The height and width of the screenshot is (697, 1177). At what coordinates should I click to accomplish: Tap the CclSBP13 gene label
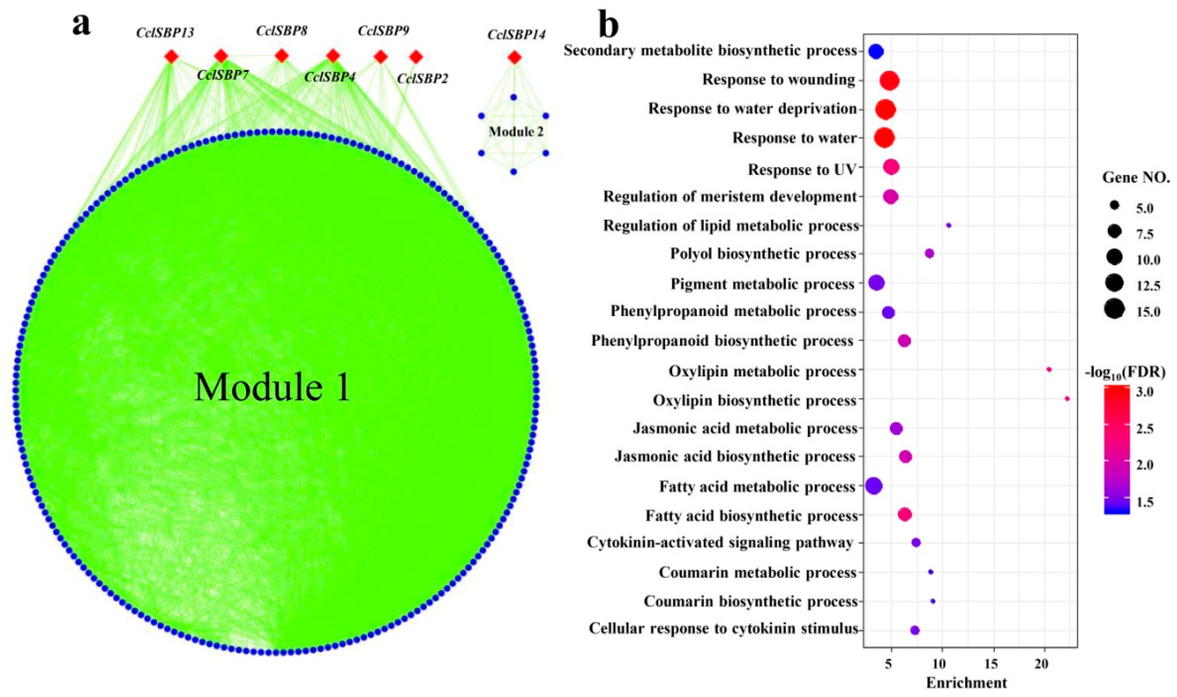pos(165,33)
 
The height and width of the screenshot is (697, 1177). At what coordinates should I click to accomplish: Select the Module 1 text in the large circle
pos(272,387)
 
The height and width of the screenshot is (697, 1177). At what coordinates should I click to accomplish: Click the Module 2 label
pos(516,132)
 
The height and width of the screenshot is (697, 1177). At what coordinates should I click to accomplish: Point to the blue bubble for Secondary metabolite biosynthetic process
pos(875,52)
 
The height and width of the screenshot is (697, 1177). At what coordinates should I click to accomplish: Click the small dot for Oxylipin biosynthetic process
pos(1067,399)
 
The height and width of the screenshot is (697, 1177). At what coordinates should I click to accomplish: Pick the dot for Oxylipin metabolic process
pos(1049,370)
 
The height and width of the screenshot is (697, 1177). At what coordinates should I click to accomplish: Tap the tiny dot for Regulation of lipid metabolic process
pos(949,225)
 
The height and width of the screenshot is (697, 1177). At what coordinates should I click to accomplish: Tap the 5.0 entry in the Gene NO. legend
pos(1144,209)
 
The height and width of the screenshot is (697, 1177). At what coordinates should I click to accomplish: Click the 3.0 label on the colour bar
pos(1145,392)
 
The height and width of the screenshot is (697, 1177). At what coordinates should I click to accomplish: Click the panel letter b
pos(608,26)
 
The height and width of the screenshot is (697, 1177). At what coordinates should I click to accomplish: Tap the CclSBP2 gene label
pos(422,78)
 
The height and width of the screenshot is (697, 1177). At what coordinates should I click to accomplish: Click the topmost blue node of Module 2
pos(514,97)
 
